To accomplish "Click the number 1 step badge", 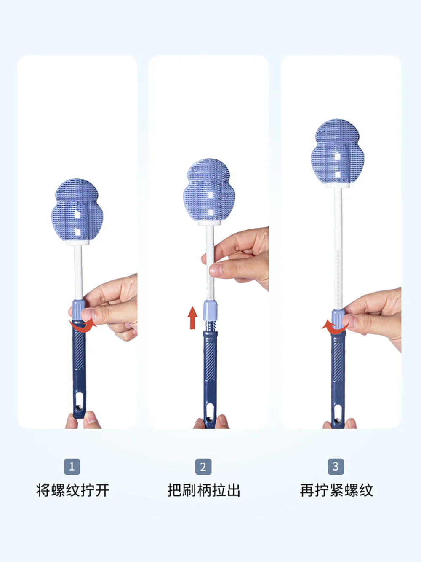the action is point(72,466).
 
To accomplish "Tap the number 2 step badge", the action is point(203,466).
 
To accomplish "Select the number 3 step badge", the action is point(336,466).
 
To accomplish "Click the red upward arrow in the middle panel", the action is point(192,317).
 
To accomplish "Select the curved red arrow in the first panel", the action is point(83,328).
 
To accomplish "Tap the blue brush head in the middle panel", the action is point(209,190).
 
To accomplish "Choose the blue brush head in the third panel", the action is point(337,152).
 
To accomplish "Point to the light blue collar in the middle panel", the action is point(210,311).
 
